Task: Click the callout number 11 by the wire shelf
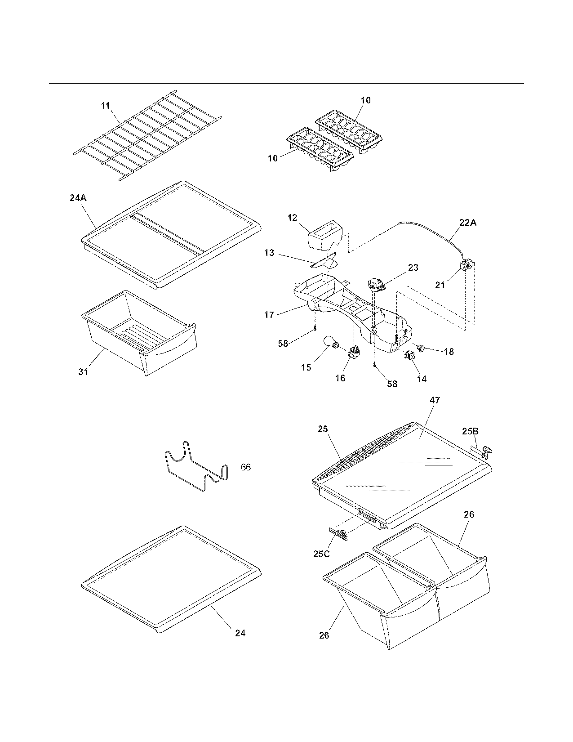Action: [x=105, y=106]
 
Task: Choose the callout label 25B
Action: [x=471, y=431]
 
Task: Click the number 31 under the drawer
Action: [x=84, y=372]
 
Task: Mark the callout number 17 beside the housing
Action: [x=269, y=315]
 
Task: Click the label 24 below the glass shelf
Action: [x=240, y=633]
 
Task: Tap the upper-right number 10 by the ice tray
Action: [x=366, y=100]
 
